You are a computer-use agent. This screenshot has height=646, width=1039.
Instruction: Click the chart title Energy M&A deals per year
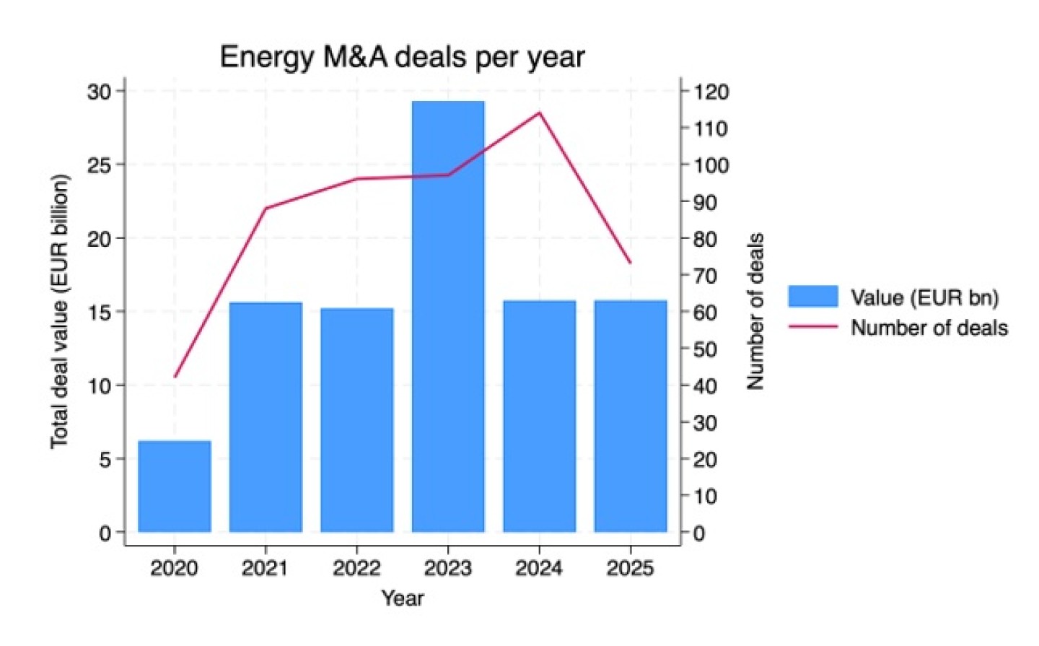click(x=402, y=57)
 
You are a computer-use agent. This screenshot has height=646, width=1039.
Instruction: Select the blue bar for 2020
click(x=175, y=486)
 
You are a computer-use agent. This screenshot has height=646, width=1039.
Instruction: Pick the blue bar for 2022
click(x=357, y=420)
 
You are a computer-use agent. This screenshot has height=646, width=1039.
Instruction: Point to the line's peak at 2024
click(x=539, y=113)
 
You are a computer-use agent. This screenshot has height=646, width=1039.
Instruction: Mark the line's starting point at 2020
click(x=175, y=377)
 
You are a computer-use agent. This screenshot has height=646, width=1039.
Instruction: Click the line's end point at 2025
click(x=631, y=263)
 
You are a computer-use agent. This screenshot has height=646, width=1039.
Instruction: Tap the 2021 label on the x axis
click(x=265, y=568)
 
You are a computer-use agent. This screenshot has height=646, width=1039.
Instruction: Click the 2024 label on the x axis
click(x=539, y=568)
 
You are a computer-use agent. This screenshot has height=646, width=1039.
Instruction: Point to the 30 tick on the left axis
click(x=99, y=92)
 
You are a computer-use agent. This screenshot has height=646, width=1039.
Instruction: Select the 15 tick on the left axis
click(x=99, y=312)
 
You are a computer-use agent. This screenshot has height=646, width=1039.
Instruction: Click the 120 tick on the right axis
click(x=711, y=92)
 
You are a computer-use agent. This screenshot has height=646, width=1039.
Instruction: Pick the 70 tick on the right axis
click(x=705, y=275)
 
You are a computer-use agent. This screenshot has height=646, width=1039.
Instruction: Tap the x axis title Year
click(x=403, y=598)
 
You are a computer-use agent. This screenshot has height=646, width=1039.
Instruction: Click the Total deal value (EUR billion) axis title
click(x=60, y=311)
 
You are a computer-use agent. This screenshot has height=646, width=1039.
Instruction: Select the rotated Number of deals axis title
click(x=755, y=311)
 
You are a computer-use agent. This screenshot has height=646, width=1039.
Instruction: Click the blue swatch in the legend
click(x=813, y=297)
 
